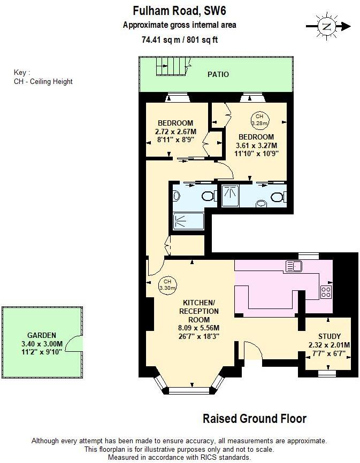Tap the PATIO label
(218, 74)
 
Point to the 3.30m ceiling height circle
(167, 284)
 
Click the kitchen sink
(294, 266)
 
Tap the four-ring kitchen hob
(326, 291)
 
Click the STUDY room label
(329, 336)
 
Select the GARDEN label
(42, 335)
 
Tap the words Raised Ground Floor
(255, 419)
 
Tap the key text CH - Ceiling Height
(43, 82)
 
